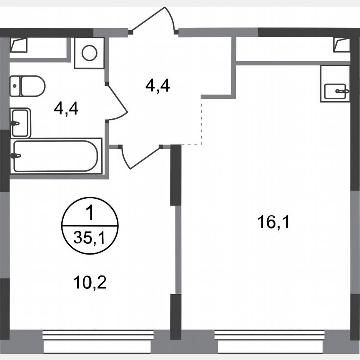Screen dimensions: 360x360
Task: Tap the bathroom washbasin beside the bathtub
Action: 20,123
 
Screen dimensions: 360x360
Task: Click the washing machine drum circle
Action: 90,53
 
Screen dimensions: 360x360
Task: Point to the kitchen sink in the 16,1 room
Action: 335,89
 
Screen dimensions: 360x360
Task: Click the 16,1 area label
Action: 273,223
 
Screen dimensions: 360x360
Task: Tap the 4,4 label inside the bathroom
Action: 67,110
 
